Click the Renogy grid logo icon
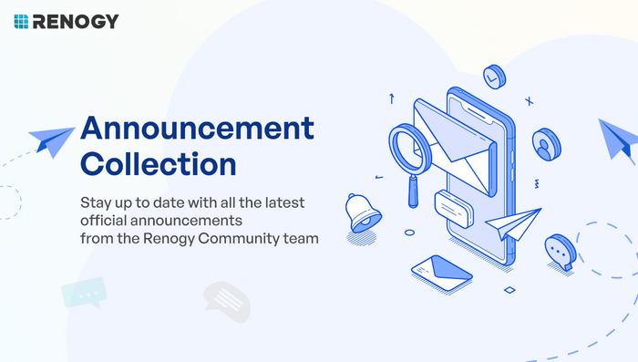21,22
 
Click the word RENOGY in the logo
76,22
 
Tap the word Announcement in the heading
198,128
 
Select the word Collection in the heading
159,164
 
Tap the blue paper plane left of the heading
52,141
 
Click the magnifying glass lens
410,150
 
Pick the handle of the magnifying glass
414,191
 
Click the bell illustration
363,213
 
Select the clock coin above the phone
494,77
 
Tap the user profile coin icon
547,145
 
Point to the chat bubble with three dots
561,252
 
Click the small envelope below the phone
442,273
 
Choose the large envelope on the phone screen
455,148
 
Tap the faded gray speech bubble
227,302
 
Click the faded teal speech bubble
84,293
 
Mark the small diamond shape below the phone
509,290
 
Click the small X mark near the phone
529,101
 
